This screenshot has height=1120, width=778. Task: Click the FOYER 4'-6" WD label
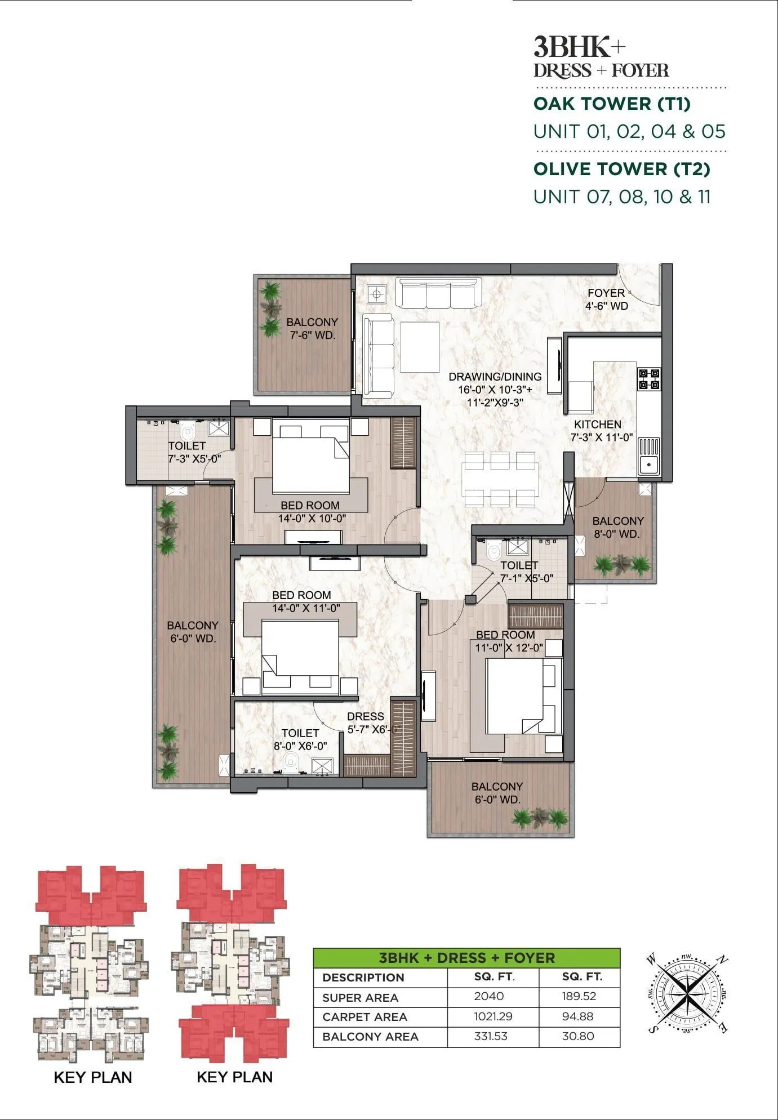(x=606, y=300)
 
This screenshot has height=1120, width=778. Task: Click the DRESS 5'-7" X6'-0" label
(x=367, y=722)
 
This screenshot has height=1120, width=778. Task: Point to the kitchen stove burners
(x=648, y=379)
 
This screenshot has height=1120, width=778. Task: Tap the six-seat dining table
(x=500, y=480)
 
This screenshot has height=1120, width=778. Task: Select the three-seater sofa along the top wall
(x=438, y=292)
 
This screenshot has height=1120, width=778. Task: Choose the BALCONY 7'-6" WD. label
(x=312, y=328)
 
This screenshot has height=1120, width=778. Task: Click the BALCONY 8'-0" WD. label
(x=617, y=527)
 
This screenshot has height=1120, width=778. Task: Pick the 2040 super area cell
(x=488, y=996)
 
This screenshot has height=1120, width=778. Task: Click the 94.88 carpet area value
(x=578, y=1016)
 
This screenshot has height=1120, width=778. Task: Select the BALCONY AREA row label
(x=370, y=1037)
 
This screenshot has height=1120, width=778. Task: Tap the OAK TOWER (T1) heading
(x=612, y=104)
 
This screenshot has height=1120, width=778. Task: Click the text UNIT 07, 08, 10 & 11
(x=622, y=197)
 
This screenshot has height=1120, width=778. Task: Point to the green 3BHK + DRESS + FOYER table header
(x=466, y=958)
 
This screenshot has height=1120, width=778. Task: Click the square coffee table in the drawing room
(x=420, y=346)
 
